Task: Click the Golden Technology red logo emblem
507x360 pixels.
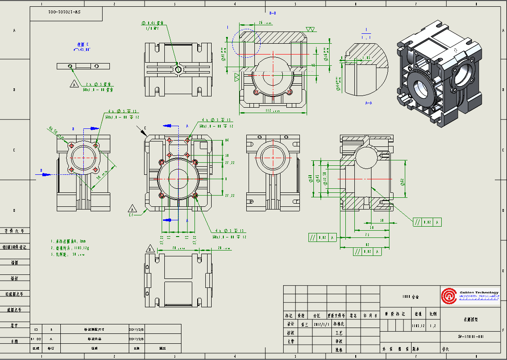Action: pos(448,296)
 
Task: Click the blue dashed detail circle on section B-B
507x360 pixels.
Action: pos(246,44)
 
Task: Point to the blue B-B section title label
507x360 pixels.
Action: pos(272,14)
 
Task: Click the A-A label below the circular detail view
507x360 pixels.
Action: pos(368,103)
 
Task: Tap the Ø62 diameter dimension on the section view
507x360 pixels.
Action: pos(402,182)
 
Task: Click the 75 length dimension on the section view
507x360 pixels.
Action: pos(367,235)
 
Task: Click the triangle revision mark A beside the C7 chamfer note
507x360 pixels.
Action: pos(132,209)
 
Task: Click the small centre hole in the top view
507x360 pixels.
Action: pos(178,69)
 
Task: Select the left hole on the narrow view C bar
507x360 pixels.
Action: pos(70,66)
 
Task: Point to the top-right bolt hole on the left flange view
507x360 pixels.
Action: pos(96,145)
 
